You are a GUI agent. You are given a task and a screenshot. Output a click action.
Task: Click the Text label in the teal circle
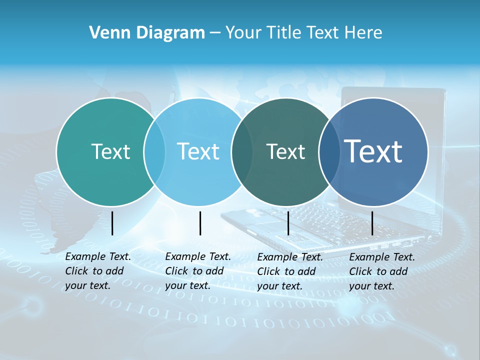110,151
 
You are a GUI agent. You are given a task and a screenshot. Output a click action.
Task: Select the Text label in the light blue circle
198,151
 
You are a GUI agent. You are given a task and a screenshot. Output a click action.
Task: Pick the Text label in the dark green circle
285,151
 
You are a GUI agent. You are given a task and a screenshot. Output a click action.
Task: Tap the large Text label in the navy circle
373,151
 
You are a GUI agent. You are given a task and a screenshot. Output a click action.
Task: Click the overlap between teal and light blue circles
154,152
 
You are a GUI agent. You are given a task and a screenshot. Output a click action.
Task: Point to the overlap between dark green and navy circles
328,152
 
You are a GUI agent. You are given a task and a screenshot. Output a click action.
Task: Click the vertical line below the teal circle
112,223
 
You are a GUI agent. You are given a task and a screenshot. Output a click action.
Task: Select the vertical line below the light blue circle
200,223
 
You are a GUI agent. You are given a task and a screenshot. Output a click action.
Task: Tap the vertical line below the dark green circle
288,223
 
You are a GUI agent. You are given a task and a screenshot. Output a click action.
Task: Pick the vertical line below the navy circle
372,223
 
